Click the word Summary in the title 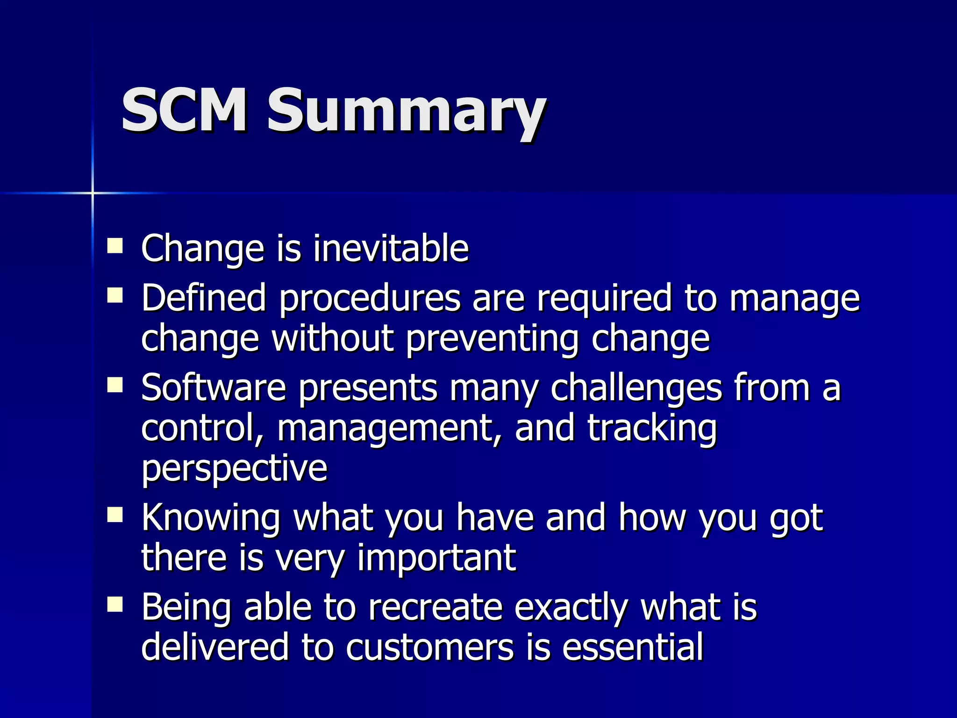[x=406, y=112]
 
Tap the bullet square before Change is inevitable [x=115, y=245]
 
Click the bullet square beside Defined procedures [x=115, y=295]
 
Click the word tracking [x=652, y=429]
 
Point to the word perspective [x=234, y=469]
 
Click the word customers [x=429, y=647]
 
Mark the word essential [x=633, y=647]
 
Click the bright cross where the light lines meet [x=93, y=193]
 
